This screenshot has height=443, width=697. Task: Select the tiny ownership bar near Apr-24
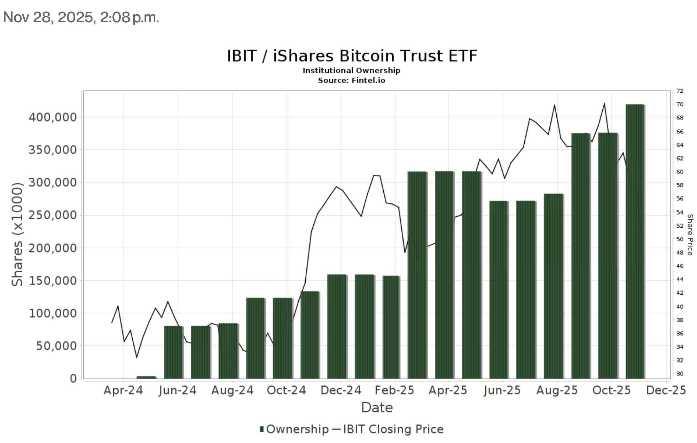(x=146, y=377)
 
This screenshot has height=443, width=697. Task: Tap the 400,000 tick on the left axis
(x=53, y=117)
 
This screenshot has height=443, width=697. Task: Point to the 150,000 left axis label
(x=53, y=281)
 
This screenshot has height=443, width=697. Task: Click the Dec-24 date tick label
(x=341, y=390)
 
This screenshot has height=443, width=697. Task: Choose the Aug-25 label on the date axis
(x=557, y=390)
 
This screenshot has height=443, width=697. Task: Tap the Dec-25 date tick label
(x=666, y=390)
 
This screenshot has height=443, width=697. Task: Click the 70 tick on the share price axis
(x=680, y=104)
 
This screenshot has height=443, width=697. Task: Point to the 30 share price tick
(x=680, y=374)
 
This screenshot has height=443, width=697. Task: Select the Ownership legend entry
(x=294, y=429)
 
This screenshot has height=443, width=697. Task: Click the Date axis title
(x=377, y=407)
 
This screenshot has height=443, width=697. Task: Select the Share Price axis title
(x=690, y=234)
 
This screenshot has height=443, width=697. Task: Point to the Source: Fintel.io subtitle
(x=351, y=80)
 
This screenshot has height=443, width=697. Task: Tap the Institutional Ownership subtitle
(x=351, y=70)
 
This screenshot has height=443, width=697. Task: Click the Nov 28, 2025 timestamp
(x=81, y=17)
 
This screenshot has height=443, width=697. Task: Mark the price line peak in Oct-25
(x=604, y=103)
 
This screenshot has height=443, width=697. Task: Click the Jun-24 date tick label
(x=178, y=390)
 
